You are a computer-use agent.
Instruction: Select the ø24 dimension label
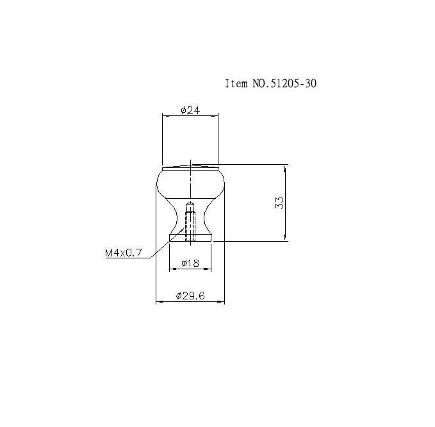(190, 110)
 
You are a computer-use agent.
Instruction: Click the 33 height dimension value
(279, 203)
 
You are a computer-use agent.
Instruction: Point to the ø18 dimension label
(190, 263)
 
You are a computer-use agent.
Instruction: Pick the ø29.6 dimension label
(190, 296)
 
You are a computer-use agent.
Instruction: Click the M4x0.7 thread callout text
(124, 253)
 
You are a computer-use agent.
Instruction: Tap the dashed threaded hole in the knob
(190, 222)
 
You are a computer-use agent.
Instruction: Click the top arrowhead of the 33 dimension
(285, 169)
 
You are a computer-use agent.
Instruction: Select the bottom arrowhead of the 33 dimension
(285, 237)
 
